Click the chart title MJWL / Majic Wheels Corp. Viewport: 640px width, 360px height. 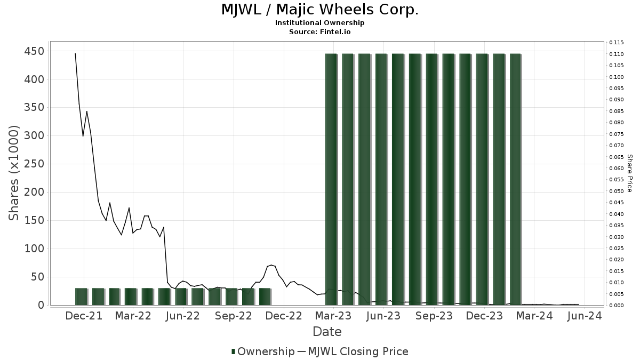coord(319,10)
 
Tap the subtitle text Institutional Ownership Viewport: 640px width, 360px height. coord(319,23)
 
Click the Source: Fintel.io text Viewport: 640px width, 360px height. coord(319,31)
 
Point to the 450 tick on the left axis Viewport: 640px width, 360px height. coord(34,51)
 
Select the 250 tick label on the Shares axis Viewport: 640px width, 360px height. coord(34,164)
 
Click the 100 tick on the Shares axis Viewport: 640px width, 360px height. coord(34,249)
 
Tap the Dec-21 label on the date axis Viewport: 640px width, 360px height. coord(84,316)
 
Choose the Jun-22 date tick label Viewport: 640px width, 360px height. coord(183,316)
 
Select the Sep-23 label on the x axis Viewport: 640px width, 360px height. coord(434,316)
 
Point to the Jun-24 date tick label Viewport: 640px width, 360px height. coord(585,316)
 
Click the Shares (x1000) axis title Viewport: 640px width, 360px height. coord(14,172)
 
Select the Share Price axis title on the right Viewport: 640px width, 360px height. coord(629,173)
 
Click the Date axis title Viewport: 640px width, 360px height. coord(327,332)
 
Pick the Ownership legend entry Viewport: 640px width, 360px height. coord(263,351)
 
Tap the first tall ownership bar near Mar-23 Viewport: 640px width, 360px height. coord(331,179)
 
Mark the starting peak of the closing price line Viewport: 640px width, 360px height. coord(75,53)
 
